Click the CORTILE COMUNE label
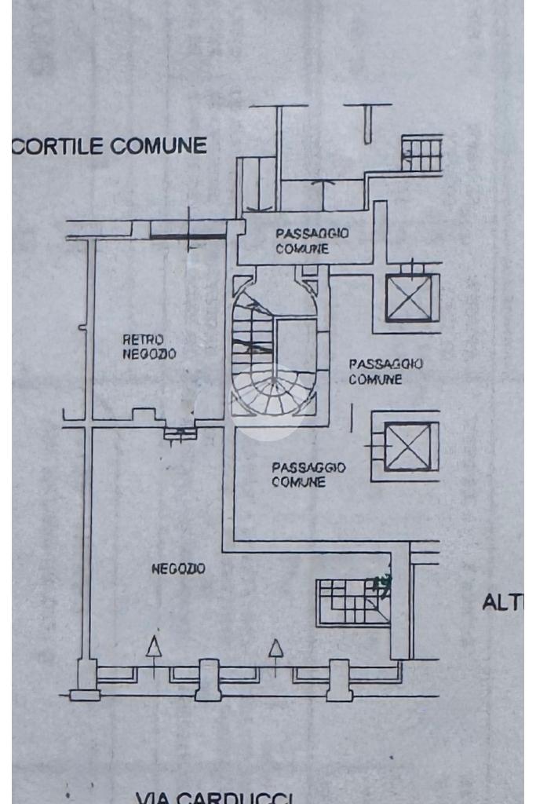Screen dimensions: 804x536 pos(110,145)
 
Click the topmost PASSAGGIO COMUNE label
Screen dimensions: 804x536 pos(312,241)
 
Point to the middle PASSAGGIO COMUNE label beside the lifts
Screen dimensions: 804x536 pos(385,371)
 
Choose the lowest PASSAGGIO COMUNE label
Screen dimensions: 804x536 pos(308,474)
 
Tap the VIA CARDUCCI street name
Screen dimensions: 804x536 pos(214,798)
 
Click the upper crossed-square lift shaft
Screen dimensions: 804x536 pos(409,298)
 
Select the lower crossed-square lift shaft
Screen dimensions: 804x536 pos(407,446)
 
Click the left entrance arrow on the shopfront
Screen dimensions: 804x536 pos(155,648)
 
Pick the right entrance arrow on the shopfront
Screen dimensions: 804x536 pos(275,649)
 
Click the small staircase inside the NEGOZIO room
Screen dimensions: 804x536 pos(352,602)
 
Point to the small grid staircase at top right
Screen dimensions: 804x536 pos(421,153)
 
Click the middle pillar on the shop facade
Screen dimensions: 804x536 pos(208,678)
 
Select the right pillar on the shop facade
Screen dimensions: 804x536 pos(339,679)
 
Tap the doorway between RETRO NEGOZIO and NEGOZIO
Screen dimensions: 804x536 pos(180,430)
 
